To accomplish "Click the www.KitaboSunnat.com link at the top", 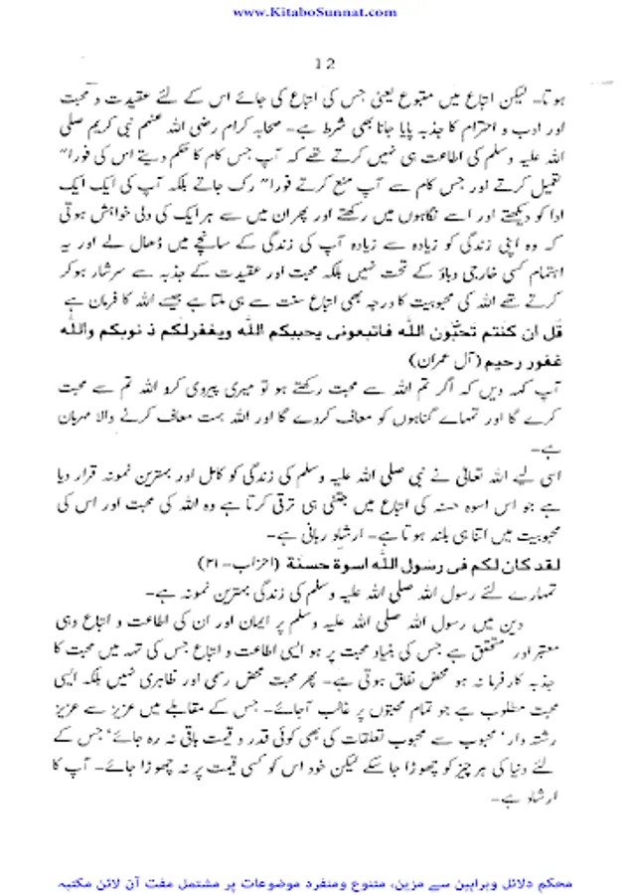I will tap(314, 12).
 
